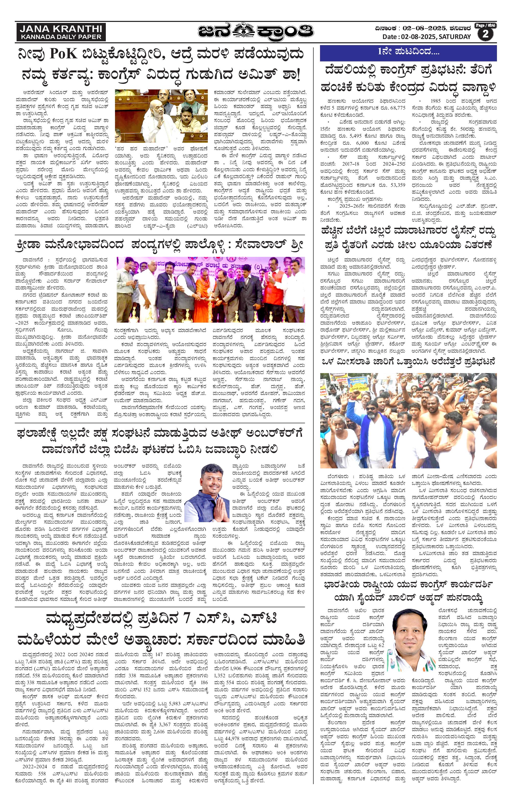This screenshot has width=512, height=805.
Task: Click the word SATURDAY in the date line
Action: click(x=455, y=37)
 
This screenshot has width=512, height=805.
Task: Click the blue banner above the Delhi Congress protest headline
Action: click(x=408, y=52)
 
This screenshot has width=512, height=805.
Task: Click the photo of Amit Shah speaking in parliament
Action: click(x=161, y=116)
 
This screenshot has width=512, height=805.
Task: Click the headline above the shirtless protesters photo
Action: click(x=408, y=362)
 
